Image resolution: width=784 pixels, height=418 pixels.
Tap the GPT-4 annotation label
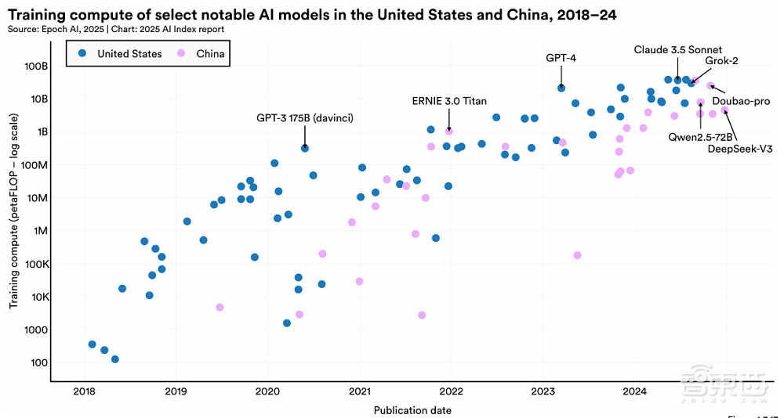coord(561,58)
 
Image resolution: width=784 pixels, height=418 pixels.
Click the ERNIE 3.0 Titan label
coord(448,101)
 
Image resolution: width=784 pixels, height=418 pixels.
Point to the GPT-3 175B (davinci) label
coord(305,118)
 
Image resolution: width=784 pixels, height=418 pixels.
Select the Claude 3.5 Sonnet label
coord(678,50)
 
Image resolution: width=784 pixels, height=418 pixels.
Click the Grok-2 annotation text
coord(721,60)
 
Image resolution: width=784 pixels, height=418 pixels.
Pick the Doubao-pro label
coord(741,102)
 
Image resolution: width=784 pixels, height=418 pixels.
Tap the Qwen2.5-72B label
coord(700,137)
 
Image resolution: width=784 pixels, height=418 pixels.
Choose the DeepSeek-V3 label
coord(740,149)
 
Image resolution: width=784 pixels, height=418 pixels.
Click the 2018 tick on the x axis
coord(84,391)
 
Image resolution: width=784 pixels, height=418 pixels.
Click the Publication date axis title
coord(412,410)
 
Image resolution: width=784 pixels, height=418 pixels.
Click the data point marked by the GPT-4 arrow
coord(561,88)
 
